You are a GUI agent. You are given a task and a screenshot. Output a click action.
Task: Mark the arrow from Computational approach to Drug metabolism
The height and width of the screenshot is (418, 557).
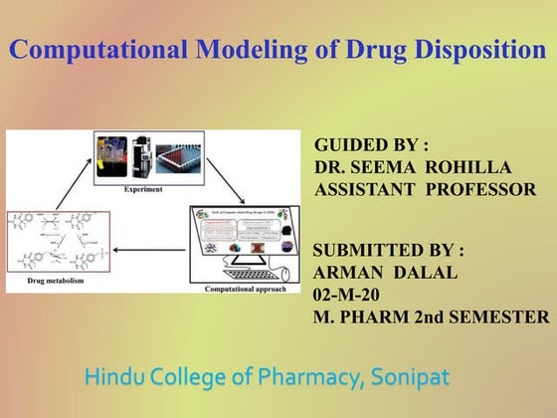(x=150, y=249)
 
